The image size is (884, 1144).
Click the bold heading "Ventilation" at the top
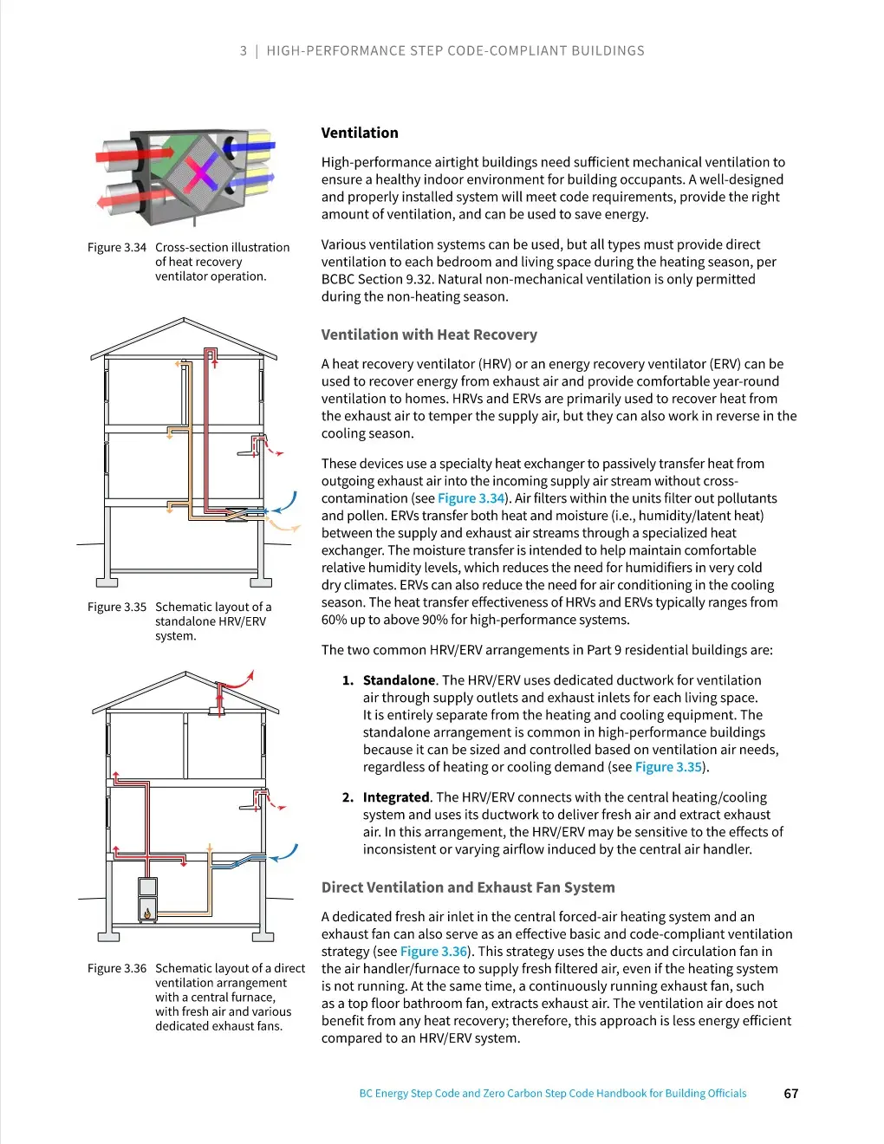360,133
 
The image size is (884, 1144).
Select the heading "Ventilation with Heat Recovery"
429,335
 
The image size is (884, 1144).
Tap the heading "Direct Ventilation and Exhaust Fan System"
468,887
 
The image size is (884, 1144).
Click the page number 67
790,1094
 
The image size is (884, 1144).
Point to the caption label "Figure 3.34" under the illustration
117,248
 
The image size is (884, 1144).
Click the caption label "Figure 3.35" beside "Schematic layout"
117,608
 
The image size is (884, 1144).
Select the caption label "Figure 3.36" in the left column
117,969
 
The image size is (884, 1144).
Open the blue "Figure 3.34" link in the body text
471,498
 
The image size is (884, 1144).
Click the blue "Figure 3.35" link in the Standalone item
668,767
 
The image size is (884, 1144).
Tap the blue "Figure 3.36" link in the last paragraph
433,952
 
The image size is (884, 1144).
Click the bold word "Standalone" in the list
399,680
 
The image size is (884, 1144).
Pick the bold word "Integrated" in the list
396,797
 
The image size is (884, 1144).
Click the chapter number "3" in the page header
244,51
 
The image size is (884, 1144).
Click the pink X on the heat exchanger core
201,172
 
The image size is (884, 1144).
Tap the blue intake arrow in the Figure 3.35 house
285,504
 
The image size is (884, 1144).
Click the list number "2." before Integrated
348,797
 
